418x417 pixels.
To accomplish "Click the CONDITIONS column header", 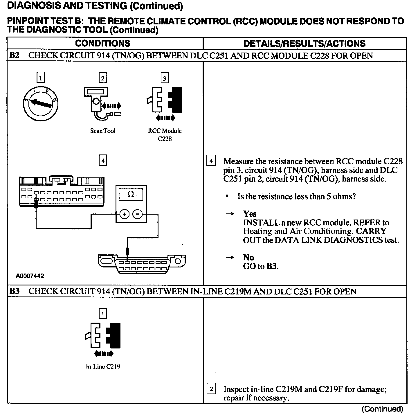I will [x=102, y=44].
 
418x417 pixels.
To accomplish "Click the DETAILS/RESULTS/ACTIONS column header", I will [x=304, y=44].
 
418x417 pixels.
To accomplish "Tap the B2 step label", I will [x=14, y=55].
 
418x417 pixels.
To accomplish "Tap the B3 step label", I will [x=14, y=291].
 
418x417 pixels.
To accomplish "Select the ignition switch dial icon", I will [x=41, y=103].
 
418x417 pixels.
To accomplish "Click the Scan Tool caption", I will [x=103, y=131].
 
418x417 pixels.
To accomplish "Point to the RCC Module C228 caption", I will [x=165, y=135].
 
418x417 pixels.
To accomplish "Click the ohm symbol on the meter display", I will [x=130, y=194].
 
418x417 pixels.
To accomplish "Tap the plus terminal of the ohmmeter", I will [x=124, y=214].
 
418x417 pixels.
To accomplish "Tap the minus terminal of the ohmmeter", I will [x=137, y=214].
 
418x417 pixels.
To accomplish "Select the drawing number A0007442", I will [x=30, y=276].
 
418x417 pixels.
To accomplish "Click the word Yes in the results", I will [x=250, y=214].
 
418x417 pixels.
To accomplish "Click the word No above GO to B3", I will [x=248, y=258].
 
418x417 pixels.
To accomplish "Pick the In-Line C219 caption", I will [x=103, y=366].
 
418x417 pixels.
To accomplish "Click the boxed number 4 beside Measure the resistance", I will [x=211, y=161].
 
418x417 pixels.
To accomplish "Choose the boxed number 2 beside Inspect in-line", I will [x=211, y=389].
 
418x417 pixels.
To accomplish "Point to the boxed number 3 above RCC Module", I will [x=165, y=78].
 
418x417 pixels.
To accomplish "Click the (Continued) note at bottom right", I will [x=382, y=409].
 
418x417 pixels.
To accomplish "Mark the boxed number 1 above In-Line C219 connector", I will [x=103, y=314].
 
